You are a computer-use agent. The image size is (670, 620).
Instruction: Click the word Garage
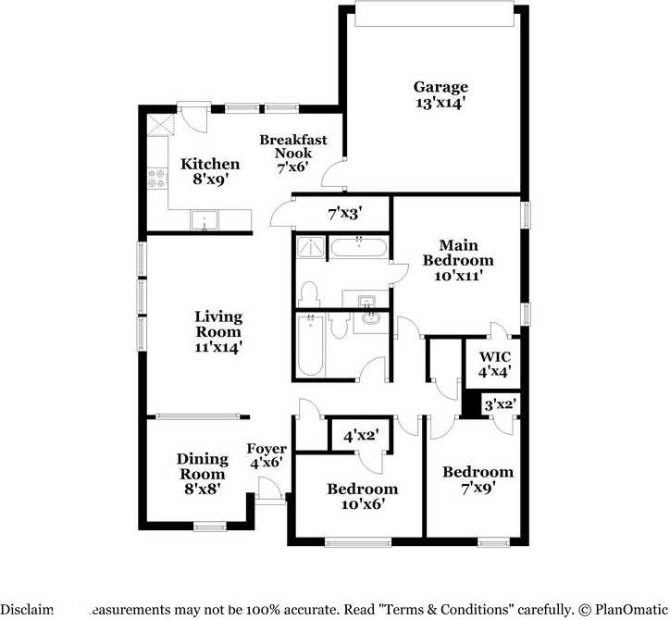(440, 88)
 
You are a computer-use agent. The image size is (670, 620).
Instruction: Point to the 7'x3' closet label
(344, 213)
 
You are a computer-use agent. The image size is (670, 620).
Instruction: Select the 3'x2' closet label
(501, 403)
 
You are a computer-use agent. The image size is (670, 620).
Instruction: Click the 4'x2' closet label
(361, 434)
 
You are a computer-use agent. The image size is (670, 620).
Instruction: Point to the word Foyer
(266, 450)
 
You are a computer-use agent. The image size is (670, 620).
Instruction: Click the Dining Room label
(203, 466)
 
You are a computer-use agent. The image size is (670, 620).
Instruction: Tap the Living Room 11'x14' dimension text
(218, 347)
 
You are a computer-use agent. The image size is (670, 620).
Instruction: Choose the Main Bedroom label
(458, 253)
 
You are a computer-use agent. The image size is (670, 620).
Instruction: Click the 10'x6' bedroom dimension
(361, 504)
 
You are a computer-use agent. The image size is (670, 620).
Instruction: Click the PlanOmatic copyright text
(625, 611)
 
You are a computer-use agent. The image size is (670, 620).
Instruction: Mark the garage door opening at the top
(434, 16)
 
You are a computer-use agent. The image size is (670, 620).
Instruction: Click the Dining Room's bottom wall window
(210, 527)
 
